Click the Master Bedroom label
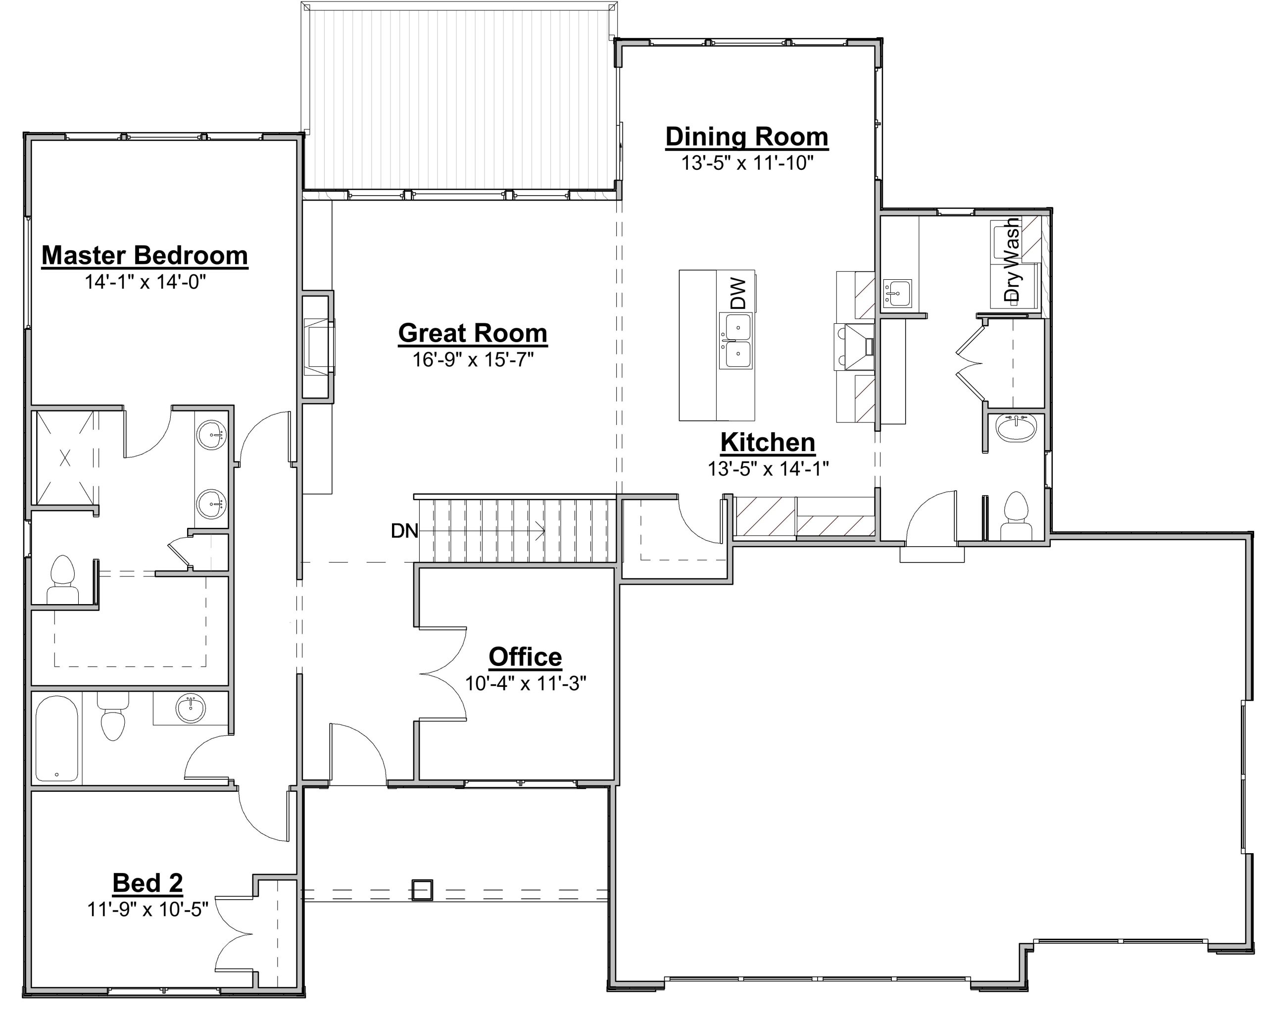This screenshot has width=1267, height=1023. coord(145,256)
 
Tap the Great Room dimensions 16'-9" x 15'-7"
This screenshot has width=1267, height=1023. coord(473,359)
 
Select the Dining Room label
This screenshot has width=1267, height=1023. coord(747,137)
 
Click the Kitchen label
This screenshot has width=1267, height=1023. coord(768,442)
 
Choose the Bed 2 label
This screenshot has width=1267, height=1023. coord(148,883)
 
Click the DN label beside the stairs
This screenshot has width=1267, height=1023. coord(405,531)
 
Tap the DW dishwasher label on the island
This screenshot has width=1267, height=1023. coord(738,294)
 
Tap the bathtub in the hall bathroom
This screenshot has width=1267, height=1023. coord(56,738)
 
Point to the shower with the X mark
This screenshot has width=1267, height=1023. coord(65,458)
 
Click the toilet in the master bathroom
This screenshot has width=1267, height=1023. coord(63,579)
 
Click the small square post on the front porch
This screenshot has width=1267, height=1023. coord(422,890)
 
